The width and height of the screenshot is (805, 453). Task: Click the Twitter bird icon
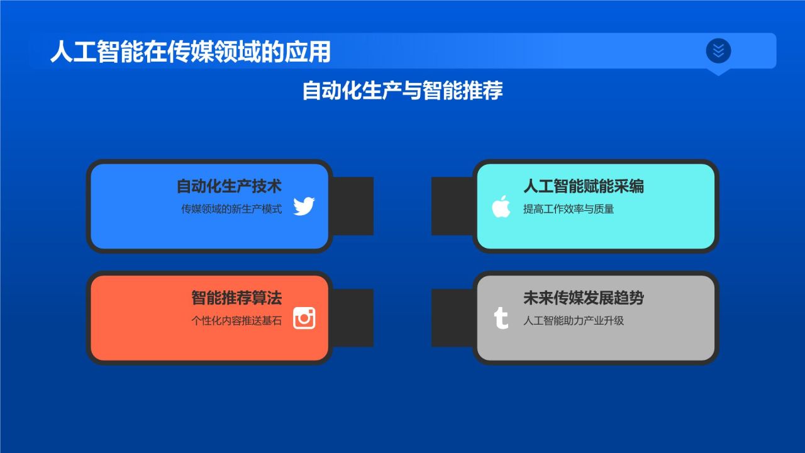pyautogui.click(x=304, y=206)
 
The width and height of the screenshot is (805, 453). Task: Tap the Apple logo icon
pyautogui.click(x=501, y=206)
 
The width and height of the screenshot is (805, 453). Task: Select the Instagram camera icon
pyautogui.click(x=304, y=318)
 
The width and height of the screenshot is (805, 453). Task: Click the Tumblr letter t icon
pyautogui.click(x=501, y=318)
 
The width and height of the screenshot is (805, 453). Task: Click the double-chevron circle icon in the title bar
pyautogui.click(x=718, y=50)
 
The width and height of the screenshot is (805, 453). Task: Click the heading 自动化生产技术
pyautogui.click(x=229, y=186)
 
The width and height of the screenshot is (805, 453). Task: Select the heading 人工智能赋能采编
pyautogui.click(x=583, y=186)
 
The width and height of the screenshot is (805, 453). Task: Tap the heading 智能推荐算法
pyautogui.click(x=236, y=298)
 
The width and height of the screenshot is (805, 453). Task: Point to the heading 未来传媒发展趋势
pyautogui.click(x=583, y=298)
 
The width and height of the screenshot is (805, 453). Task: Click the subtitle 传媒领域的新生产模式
pyautogui.click(x=231, y=209)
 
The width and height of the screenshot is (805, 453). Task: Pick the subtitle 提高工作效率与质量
pyautogui.click(x=568, y=209)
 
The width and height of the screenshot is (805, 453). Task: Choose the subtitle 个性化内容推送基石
pyautogui.click(x=236, y=320)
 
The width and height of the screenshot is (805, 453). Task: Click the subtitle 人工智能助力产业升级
pyautogui.click(x=573, y=320)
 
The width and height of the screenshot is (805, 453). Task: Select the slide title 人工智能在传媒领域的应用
pyautogui.click(x=191, y=52)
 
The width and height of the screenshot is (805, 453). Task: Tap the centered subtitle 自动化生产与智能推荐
pyautogui.click(x=402, y=90)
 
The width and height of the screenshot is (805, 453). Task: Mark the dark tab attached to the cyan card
pyautogui.click(x=452, y=206)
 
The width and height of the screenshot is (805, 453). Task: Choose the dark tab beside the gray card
pyautogui.click(x=452, y=318)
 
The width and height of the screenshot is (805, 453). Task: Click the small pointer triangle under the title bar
pyautogui.click(x=718, y=72)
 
